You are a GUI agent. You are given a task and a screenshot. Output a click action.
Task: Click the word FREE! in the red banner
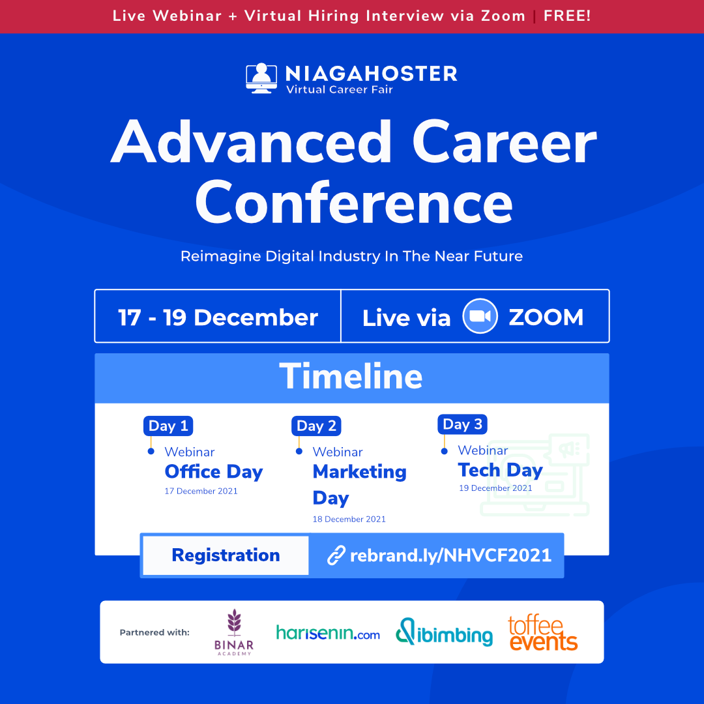click(x=567, y=16)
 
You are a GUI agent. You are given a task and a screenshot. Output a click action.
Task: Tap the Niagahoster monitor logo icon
click(x=261, y=78)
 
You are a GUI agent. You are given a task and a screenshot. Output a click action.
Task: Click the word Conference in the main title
click(x=354, y=203)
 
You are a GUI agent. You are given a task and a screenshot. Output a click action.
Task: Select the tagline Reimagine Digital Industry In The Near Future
click(x=351, y=256)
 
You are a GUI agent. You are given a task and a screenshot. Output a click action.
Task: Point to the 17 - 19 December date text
click(x=218, y=317)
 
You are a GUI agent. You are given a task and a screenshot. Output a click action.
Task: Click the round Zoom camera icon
click(x=480, y=316)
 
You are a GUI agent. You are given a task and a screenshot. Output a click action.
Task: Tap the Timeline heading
click(x=351, y=376)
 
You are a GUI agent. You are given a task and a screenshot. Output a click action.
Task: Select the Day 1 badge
click(x=168, y=426)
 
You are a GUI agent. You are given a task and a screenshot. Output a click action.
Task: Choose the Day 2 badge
click(x=317, y=426)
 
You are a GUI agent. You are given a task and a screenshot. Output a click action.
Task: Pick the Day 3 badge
click(x=462, y=424)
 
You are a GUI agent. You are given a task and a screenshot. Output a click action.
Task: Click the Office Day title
click(x=214, y=472)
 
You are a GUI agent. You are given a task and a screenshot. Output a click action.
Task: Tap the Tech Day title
click(x=501, y=470)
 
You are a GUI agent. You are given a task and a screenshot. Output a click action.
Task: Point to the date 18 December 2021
click(x=349, y=519)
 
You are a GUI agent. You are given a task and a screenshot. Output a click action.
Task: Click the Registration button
click(x=226, y=555)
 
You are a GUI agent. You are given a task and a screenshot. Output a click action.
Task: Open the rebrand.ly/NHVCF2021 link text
click(x=451, y=555)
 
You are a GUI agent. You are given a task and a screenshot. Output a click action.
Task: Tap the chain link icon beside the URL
click(x=336, y=555)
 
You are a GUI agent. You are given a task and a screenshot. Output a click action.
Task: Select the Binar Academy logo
click(x=234, y=632)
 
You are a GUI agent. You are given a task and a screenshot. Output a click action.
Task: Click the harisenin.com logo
click(x=328, y=632)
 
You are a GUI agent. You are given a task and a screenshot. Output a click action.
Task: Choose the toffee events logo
click(x=543, y=632)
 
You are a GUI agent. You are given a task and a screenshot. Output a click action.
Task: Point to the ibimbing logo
click(x=444, y=632)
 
